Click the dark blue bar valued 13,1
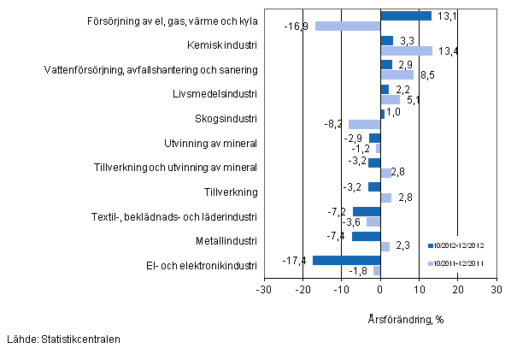tap(405, 15)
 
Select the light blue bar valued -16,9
tap(347, 26)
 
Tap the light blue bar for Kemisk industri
tap(406, 50)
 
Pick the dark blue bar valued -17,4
tap(346, 260)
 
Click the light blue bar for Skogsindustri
tap(364, 124)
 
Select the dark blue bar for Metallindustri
tap(366, 236)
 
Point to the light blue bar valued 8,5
tap(396, 75)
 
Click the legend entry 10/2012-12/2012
tap(461, 246)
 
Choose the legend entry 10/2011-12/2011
tap(461, 263)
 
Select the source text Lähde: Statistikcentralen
tap(62, 339)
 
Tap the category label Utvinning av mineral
tap(210, 142)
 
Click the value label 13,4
tap(448, 51)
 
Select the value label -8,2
tap(337, 125)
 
